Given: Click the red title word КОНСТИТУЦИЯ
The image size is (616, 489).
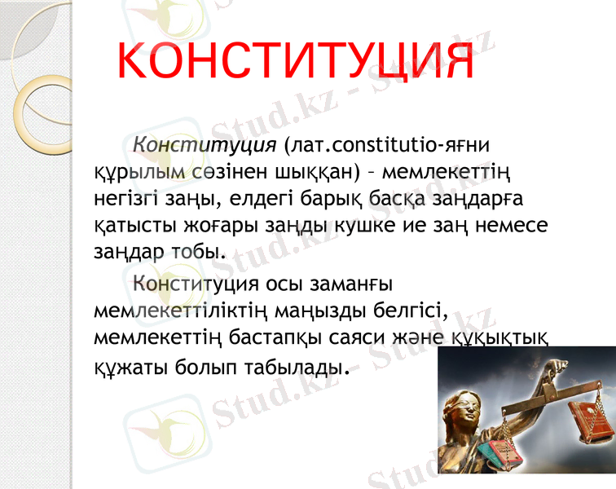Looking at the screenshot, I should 295,61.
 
